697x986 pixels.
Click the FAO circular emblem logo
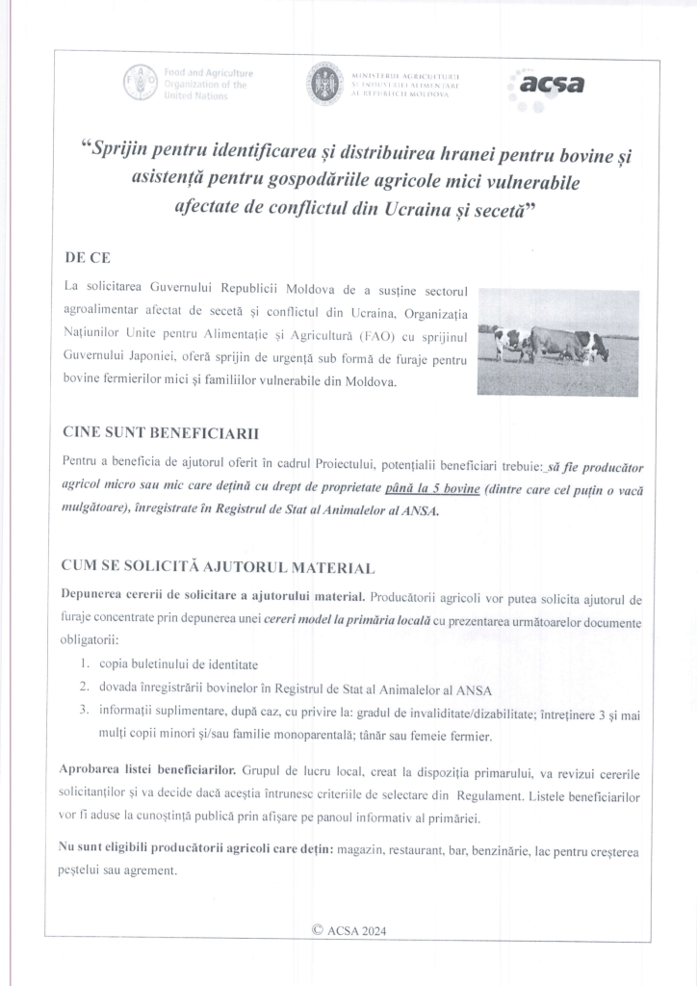click(139, 84)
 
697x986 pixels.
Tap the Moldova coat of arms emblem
click(323, 85)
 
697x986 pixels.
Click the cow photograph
click(557, 341)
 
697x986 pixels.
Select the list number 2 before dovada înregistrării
click(85, 688)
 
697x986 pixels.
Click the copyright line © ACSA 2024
click(348, 930)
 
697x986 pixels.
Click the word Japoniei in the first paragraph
click(168, 361)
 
